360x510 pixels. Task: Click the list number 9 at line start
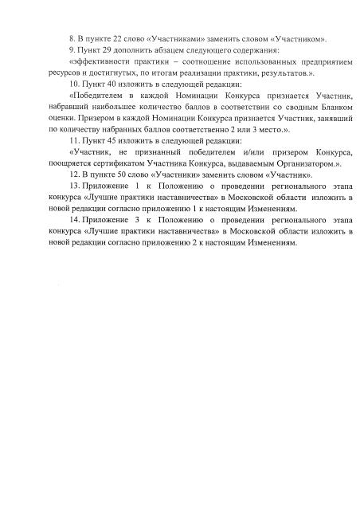click(x=71, y=49)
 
